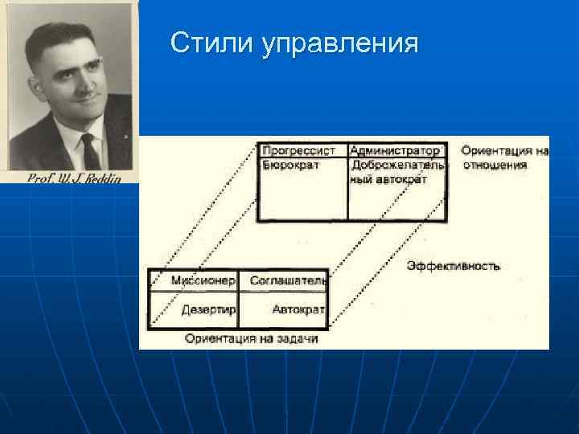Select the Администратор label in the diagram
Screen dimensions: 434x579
[x=396, y=150]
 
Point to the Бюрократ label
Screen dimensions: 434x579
[x=290, y=165]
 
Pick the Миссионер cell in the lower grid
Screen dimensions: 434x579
[x=203, y=280]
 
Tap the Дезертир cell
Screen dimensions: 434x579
[x=207, y=309]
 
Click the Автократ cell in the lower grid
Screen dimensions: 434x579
[x=298, y=309]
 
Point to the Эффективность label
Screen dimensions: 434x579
[x=453, y=266]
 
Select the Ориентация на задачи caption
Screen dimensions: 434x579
[x=251, y=338]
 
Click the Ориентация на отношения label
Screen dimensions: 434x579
[x=503, y=158]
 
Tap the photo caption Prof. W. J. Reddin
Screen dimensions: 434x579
[x=74, y=178]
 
